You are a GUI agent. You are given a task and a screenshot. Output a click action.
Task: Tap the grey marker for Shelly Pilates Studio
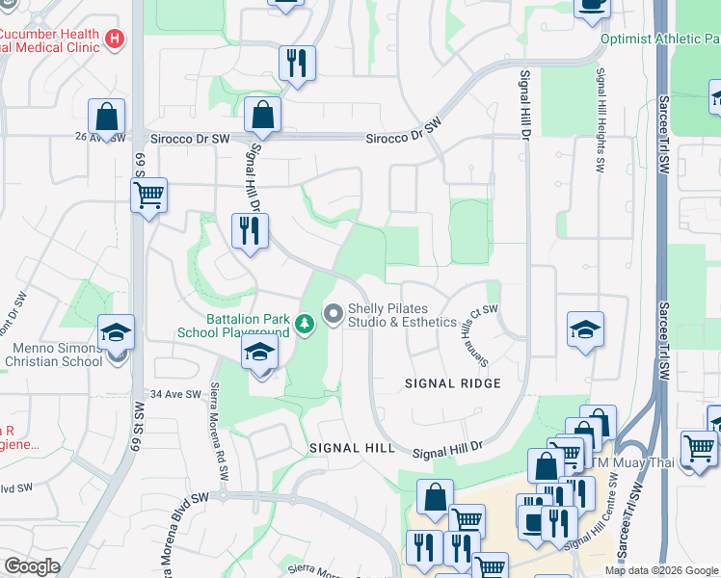click(x=334, y=314)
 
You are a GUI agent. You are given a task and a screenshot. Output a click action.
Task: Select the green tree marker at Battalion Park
click(x=305, y=324)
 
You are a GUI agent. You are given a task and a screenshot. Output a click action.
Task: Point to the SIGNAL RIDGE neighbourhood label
click(x=452, y=383)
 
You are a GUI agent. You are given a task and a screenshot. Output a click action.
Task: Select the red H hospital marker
click(x=116, y=39)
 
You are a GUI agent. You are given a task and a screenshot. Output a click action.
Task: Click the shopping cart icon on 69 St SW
click(x=148, y=196)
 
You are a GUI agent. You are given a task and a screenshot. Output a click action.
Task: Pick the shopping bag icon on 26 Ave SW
click(x=106, y=117)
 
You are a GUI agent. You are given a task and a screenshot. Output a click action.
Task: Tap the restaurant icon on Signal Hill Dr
click(x=250, y=231)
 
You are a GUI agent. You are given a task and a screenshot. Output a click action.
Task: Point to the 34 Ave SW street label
click(x=175, y=394)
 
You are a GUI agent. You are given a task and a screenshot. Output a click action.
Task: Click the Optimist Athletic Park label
click(x=659, y=39)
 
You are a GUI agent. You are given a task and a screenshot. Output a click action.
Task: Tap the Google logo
click(x=33, y=566)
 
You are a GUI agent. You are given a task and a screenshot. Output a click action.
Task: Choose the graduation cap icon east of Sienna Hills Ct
click(x=586, y=330)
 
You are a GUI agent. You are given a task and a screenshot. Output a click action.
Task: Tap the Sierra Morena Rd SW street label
click(x=218, y=438)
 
